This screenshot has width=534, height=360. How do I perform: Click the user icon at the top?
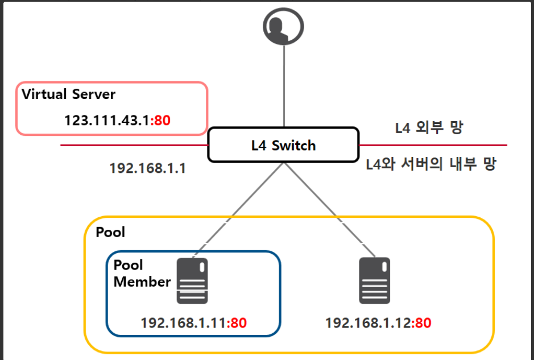(x=283, y=26)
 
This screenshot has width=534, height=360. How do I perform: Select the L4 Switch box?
(x=283, y=145)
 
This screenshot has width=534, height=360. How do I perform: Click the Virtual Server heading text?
(x=68, y=94)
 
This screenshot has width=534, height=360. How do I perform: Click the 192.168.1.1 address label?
(x=147, y=169)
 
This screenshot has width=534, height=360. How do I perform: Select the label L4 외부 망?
(x=429, y=127)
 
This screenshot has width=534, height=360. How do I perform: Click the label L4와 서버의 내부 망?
(x=432, y=165)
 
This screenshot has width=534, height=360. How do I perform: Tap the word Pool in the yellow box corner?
(x=110, y=232)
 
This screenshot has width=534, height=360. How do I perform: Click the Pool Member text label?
(x=142, y=273)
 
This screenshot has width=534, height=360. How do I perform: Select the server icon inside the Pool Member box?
(x=192, y=280)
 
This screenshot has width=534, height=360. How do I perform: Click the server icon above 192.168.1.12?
(x=375, y=280)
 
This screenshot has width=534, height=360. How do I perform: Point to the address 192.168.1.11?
(x=183, y=323)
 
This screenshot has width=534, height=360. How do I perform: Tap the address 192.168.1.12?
(x=367, y=323)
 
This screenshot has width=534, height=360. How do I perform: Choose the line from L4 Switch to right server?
(x=330, y=210)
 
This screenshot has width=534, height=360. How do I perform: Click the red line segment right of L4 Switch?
(x=432, y=145)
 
